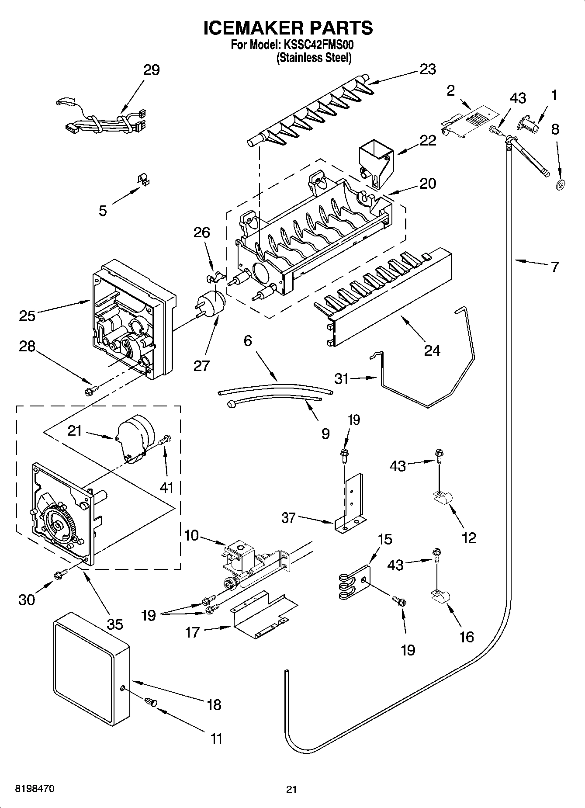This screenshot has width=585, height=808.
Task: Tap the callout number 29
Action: (x=151, y=70)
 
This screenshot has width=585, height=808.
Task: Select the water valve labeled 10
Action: (x=245, y=564)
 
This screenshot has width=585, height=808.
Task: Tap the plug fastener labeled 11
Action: (x=150, y=703)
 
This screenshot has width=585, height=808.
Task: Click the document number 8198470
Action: (x=35, y=789)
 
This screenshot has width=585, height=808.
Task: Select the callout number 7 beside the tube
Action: (x=554, y=267)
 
